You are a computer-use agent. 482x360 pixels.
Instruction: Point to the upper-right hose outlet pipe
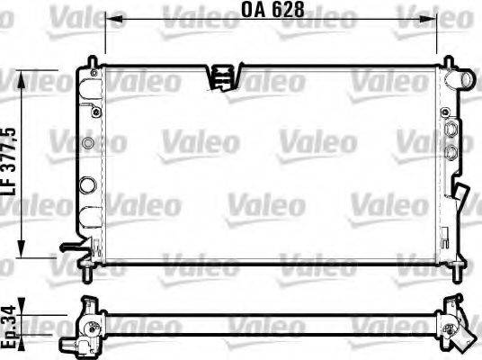(464, 81)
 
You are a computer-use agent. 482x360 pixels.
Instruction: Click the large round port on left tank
(87, 185)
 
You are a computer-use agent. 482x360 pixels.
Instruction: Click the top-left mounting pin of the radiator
(93, 60)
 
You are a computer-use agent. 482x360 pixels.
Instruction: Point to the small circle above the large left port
(87, 144)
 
